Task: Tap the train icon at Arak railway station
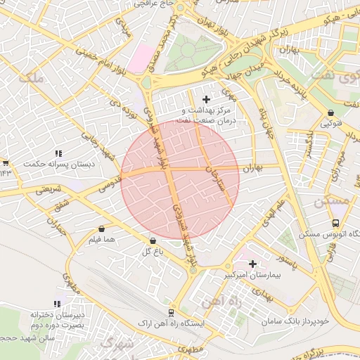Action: tap(172, 312)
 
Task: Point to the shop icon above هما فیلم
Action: tap(103, 229)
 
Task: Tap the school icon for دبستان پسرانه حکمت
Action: tap(59, 153)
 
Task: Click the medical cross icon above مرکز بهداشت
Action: tap(206, 99)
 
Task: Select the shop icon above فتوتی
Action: tap(330, 112)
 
